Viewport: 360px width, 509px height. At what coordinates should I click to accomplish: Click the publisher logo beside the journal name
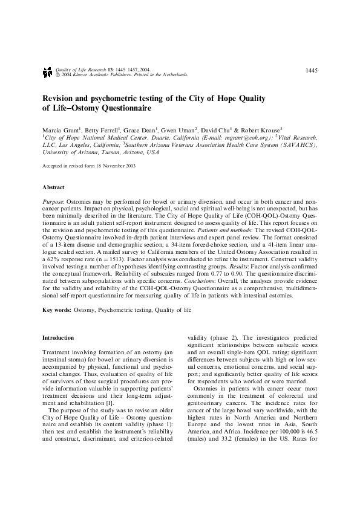pos(47,73)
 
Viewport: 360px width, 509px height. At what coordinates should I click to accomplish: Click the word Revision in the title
pos(59,98)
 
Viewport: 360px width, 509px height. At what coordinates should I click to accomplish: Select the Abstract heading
pos(53,187)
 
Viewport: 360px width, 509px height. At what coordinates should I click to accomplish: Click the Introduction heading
pos(58,337)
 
